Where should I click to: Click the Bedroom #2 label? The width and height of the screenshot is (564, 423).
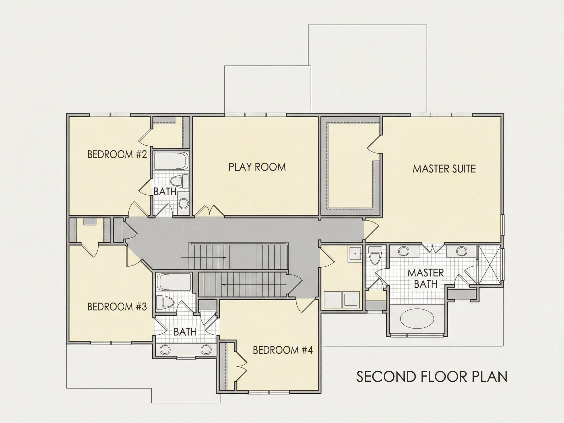coord(117,154)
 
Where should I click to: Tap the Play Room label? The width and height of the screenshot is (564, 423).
coord(257,167)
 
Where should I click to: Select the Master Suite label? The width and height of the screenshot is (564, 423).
coord(444,169)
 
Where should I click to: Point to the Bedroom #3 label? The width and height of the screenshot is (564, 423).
coord(117,307)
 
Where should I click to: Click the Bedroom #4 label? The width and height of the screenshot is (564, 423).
coord(282,350)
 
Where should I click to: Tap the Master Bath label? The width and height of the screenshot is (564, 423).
coord(425,278)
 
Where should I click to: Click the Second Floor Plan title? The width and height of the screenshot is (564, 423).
coord(432,376)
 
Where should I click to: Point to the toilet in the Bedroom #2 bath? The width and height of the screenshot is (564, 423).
coord(179,181)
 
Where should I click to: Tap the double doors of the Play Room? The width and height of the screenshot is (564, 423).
coord(210,211)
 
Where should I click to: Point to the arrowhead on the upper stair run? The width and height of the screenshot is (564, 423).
coord(225,258)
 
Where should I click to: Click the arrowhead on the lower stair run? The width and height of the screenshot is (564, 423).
coord(223,284)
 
